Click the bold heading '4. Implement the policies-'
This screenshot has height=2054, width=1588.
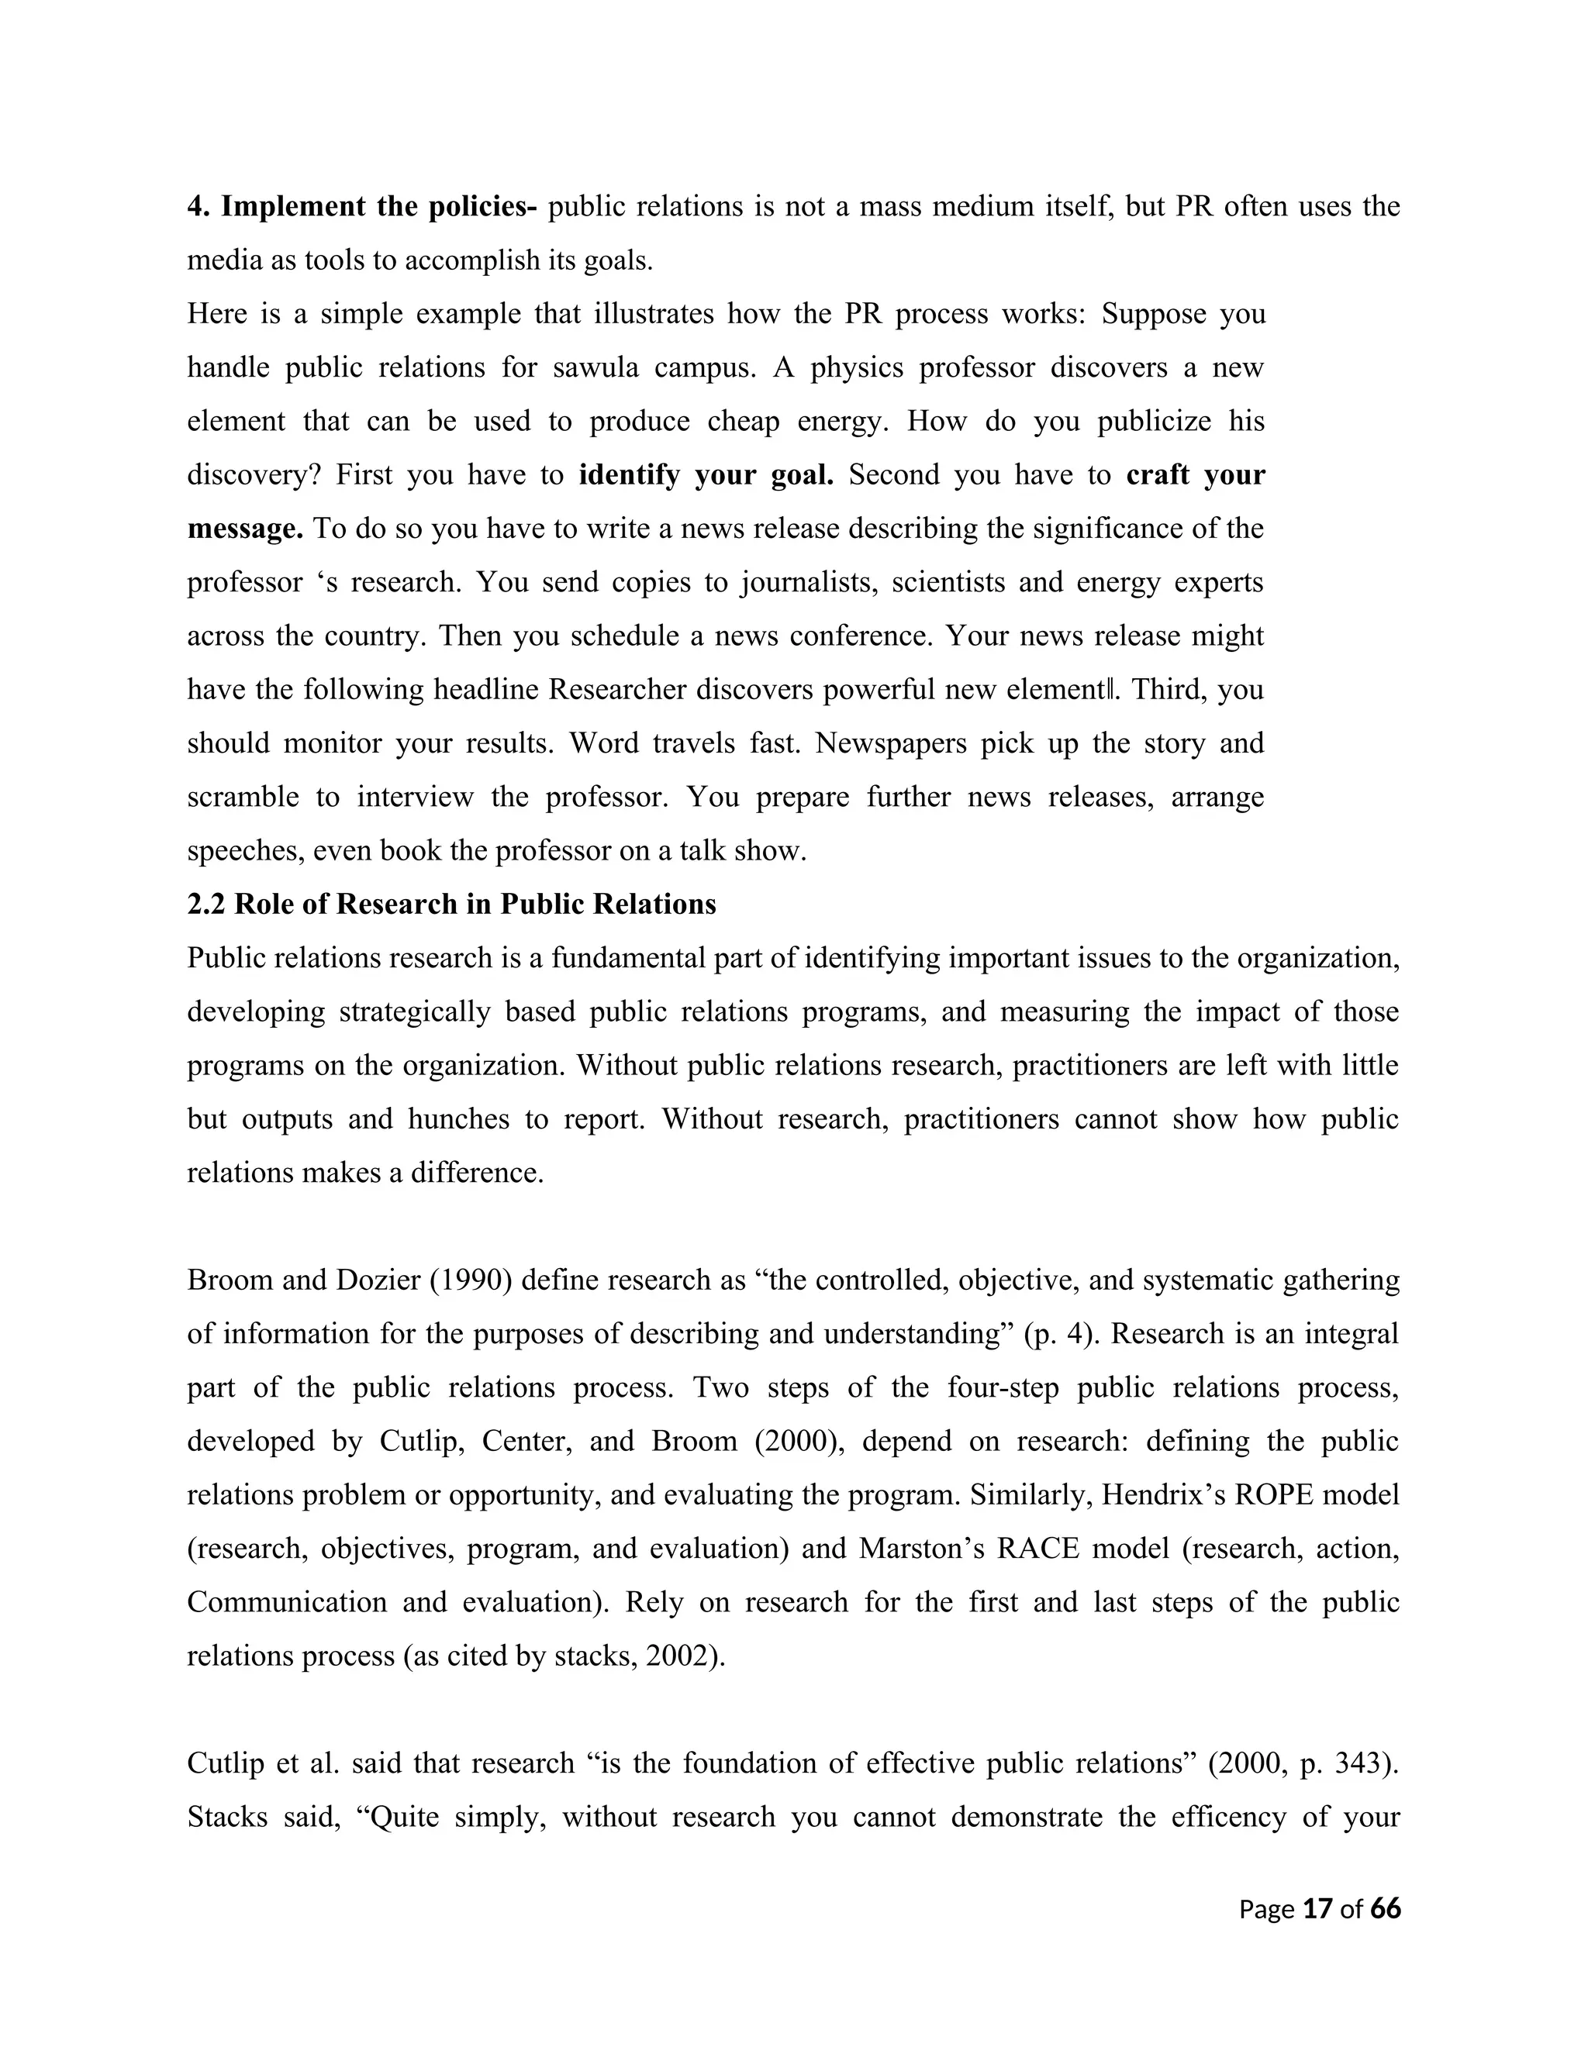361,207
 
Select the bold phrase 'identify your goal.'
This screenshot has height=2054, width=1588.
706,475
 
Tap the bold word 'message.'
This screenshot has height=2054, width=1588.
244,529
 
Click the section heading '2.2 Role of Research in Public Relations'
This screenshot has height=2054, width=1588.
451,905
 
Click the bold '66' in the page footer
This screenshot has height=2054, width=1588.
1385,1908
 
